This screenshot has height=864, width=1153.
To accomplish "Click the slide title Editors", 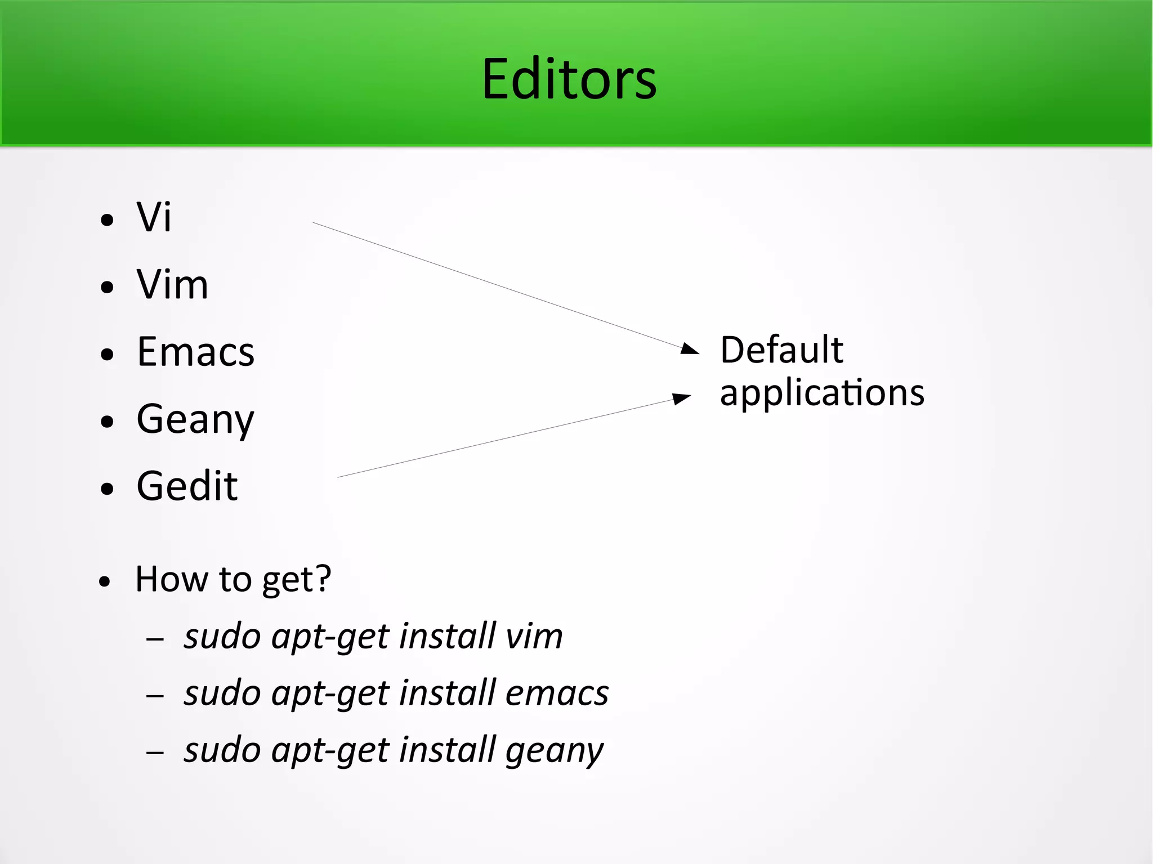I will point(569,79).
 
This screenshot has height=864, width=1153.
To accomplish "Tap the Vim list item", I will point(172,284).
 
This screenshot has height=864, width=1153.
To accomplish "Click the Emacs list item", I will point(195,352).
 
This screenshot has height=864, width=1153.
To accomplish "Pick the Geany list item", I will point(195,420).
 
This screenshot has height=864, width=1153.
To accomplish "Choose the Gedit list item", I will point(187,486).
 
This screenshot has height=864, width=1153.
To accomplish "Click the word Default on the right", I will point(781,350).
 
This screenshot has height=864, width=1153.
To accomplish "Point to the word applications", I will point(822,393).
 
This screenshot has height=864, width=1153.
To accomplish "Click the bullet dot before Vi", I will point(107,220).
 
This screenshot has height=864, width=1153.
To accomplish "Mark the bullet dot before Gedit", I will point(107,489).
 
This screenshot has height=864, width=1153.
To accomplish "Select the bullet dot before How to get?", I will point(105,582).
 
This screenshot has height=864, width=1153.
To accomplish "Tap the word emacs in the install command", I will point(557,693).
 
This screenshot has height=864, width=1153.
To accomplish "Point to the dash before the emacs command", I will point(155,696).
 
